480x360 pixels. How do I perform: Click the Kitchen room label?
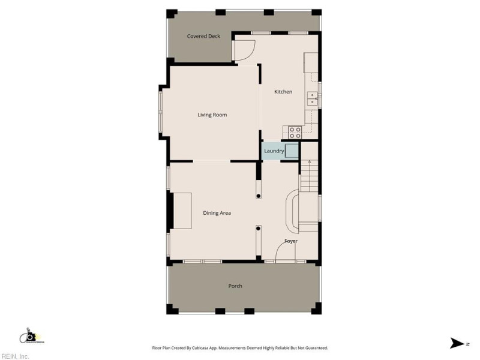click(x=283, y=92)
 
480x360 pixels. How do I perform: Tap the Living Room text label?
click(x=212, y=115)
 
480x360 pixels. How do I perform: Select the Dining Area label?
click(x=217, y=213)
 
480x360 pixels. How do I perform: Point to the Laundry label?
click(x=274, y=151)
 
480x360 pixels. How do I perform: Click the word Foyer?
click(x=291, y=241)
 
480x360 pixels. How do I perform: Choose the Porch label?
click(x=235, y=286)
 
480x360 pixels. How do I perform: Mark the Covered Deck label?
click(x=203, y=36)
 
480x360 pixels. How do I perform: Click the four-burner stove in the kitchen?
click(x=295, y=130)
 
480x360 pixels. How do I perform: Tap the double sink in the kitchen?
click(x=312, y=98)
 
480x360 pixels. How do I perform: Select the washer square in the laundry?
click(x=292, y=151)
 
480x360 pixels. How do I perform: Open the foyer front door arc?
click(x=284, y=253)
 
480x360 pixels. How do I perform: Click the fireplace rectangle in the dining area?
click(x=182, y=211)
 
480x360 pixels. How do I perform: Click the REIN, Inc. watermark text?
click(x=14, y=356)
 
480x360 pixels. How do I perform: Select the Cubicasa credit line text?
click(x=239, y=348)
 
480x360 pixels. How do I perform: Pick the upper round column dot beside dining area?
click(x=259, y=196)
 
